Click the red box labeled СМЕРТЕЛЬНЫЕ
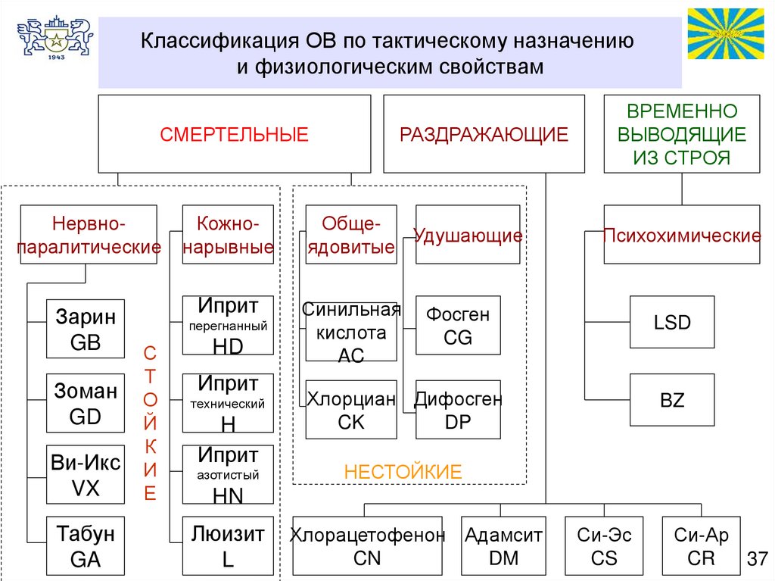[234, 134]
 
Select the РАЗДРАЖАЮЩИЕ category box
[484, 134]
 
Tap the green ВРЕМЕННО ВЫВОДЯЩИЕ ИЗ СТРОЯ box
[681, 134]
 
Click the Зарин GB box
[86, 329]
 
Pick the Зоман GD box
[86, 403]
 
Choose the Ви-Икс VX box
[86, 475]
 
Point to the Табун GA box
[86, 545]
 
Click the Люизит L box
[228, 545]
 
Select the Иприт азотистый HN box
[228, 475]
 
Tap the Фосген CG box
[458, 325]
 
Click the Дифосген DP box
[458, 410]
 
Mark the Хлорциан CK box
[351, 410]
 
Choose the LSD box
[672, 322]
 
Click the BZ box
[672, 400]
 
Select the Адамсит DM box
[503, 546]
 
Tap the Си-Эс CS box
[604, 546]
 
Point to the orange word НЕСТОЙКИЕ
[403, 472]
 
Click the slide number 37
[757, 559]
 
